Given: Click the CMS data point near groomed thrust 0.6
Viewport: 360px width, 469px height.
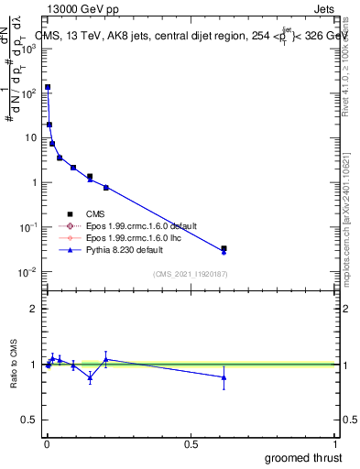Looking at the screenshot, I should click(224, 248).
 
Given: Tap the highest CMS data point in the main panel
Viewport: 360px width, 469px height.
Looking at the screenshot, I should click(48, 87).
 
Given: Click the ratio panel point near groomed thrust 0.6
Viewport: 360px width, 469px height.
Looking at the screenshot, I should click(224, 377).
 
